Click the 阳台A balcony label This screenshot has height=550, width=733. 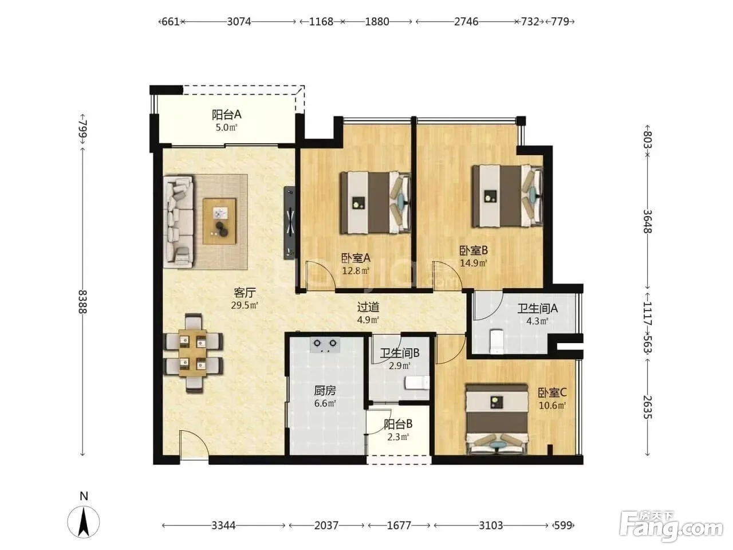point(226,115)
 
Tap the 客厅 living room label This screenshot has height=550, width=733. point(245,293)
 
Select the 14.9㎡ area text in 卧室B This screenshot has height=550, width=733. point(474,263)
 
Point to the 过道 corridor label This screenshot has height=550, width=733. point(368,307)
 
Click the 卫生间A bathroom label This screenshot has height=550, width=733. point(537,308)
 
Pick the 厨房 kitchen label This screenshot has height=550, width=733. point(325,390)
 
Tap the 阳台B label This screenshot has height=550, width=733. point(398,424)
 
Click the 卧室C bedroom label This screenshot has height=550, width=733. point(552,392)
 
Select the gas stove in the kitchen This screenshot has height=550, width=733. point(325,345)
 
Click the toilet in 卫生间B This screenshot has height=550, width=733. point(417,383)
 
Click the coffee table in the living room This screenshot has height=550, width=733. point(219,221)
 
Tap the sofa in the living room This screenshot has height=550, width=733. point(178,222)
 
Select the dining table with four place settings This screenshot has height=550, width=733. point(192,353)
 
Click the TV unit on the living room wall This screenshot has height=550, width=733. point(289,222)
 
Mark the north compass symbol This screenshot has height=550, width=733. point(84,521)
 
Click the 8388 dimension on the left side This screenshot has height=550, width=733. point(82,301)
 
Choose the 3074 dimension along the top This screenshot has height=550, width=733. point(239,22)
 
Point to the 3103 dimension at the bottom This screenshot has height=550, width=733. point(491,525)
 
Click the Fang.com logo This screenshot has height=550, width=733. point(671,525)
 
